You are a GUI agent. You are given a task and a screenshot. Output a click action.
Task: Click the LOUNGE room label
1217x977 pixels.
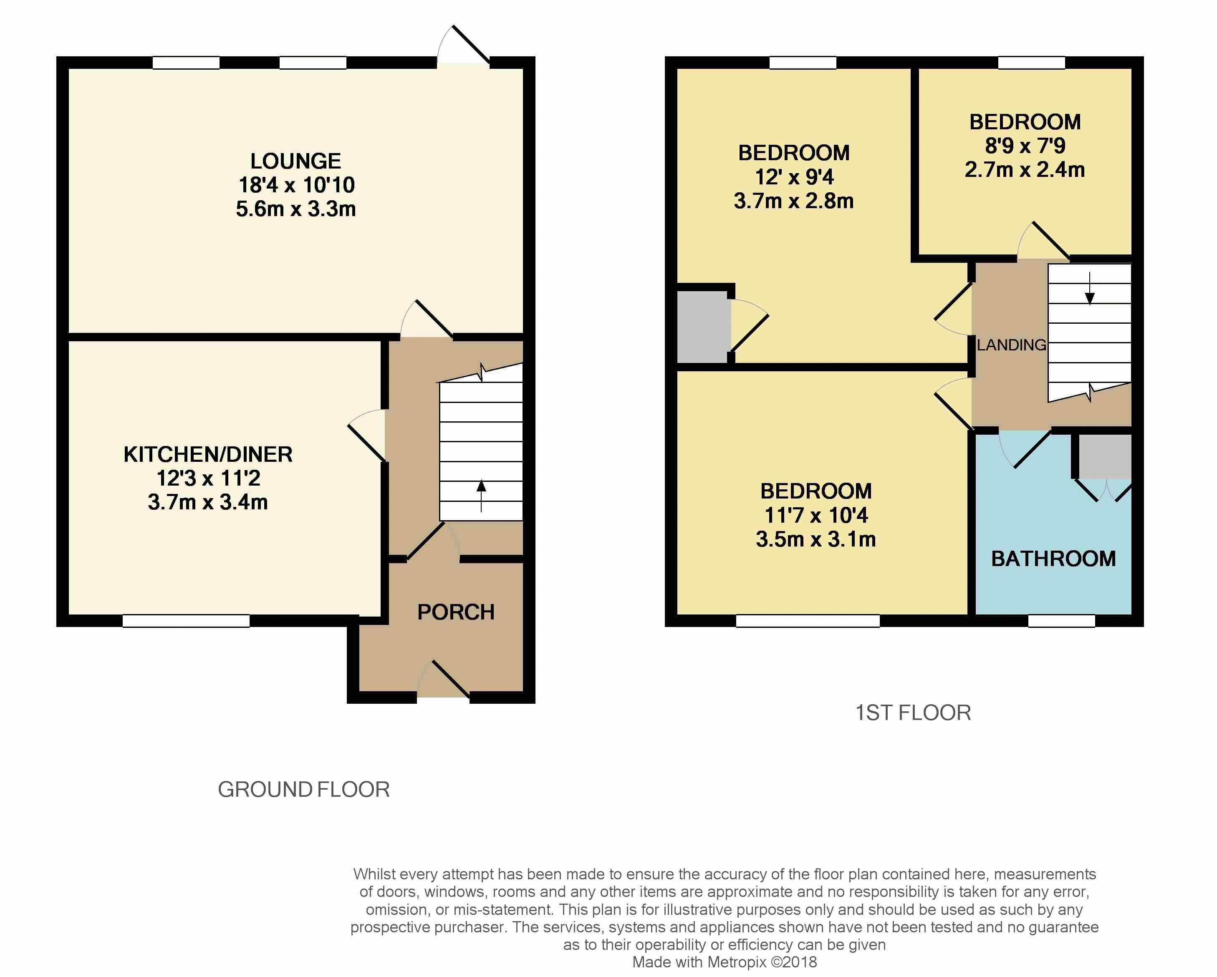[x=296, y=161]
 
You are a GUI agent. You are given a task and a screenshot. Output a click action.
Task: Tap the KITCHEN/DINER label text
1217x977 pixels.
[x=208, y=454]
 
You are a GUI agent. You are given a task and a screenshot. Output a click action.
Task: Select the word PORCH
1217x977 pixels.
[x=456, y=612]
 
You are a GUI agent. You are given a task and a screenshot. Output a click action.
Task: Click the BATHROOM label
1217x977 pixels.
[x=1053, y=559]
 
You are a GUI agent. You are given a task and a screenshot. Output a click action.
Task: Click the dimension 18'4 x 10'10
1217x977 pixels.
[x=296, y=185]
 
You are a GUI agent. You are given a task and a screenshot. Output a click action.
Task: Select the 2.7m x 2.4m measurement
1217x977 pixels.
[x=1025, y=170]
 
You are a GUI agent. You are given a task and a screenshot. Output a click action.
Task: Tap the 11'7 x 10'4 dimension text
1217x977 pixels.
[x=816, y=515]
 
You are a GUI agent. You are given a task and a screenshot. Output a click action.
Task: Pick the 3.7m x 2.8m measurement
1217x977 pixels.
[x=794, y=201]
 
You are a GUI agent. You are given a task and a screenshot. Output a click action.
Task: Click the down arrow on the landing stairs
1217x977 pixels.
[x=1090, y=288]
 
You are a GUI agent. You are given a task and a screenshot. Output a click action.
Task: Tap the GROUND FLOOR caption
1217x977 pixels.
[x=304, y=790]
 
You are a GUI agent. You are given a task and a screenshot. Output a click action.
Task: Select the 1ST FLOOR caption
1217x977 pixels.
[x=913, y=713]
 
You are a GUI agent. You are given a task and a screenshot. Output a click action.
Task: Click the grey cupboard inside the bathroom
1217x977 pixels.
[x=1105, y=456]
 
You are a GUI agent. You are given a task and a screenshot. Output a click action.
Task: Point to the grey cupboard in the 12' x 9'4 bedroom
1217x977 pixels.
[x=702, y=327]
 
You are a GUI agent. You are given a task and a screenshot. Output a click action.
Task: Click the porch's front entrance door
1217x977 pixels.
[x=444, y=679]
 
